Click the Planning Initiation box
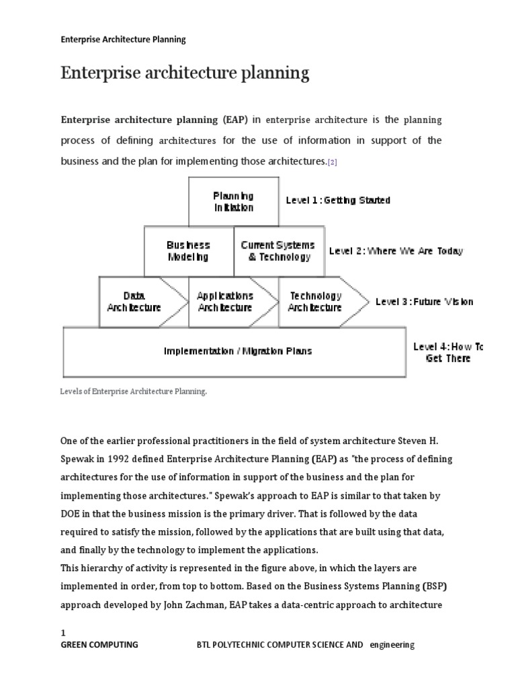click(x=233, y=202)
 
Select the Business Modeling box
click(x=188, y=251)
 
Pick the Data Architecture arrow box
click(x=138, y=302)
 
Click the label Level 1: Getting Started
click(x=338, y=200)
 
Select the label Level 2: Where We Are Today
click(x=396, y=251)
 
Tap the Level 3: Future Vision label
click(x=424, y=302)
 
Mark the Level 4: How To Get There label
click(x=447, y=353)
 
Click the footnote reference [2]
click(x=331, y=163)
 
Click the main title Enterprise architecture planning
click(x=185, y=73)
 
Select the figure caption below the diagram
click(x=134, y=391)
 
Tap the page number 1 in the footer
click(x=63, y=633)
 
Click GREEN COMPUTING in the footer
click(x=99, y=645)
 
